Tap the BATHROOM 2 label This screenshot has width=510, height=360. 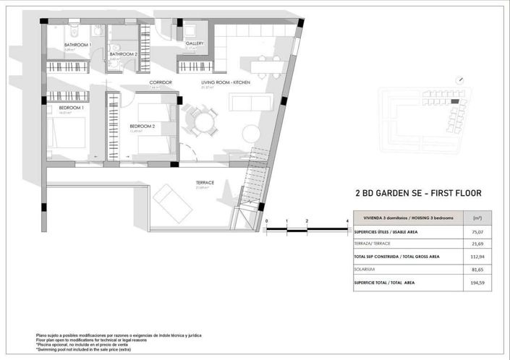(x=124, y=54)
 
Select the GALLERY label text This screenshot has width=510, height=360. (x=195, y=43)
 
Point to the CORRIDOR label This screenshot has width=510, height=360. (x=161, y=82)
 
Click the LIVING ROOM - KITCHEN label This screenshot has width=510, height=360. (x=226, y=82)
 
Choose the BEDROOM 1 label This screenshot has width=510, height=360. (x=72, y=108)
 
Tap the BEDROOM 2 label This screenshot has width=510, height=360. (x=143, y=126)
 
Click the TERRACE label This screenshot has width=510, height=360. (x=205, y=183)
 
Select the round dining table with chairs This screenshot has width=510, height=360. (x=199, y=119)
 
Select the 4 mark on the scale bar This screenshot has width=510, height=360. (x=348, y=220)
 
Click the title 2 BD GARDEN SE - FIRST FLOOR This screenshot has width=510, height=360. (x=418, y=193)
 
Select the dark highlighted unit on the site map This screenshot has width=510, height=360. (x=454, y=102)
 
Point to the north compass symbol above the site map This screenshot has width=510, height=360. (x=458, y=81)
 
